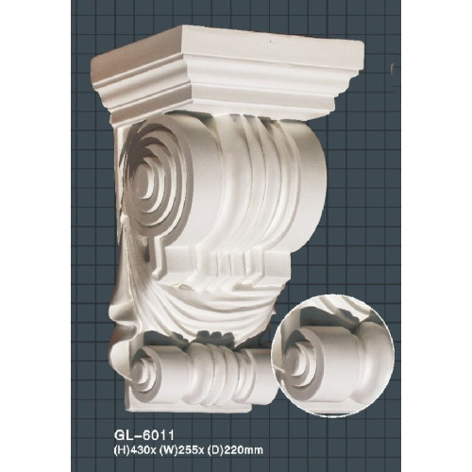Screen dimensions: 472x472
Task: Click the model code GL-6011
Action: click(144, 436)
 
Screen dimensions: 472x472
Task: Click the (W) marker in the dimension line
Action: click(169, 450)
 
